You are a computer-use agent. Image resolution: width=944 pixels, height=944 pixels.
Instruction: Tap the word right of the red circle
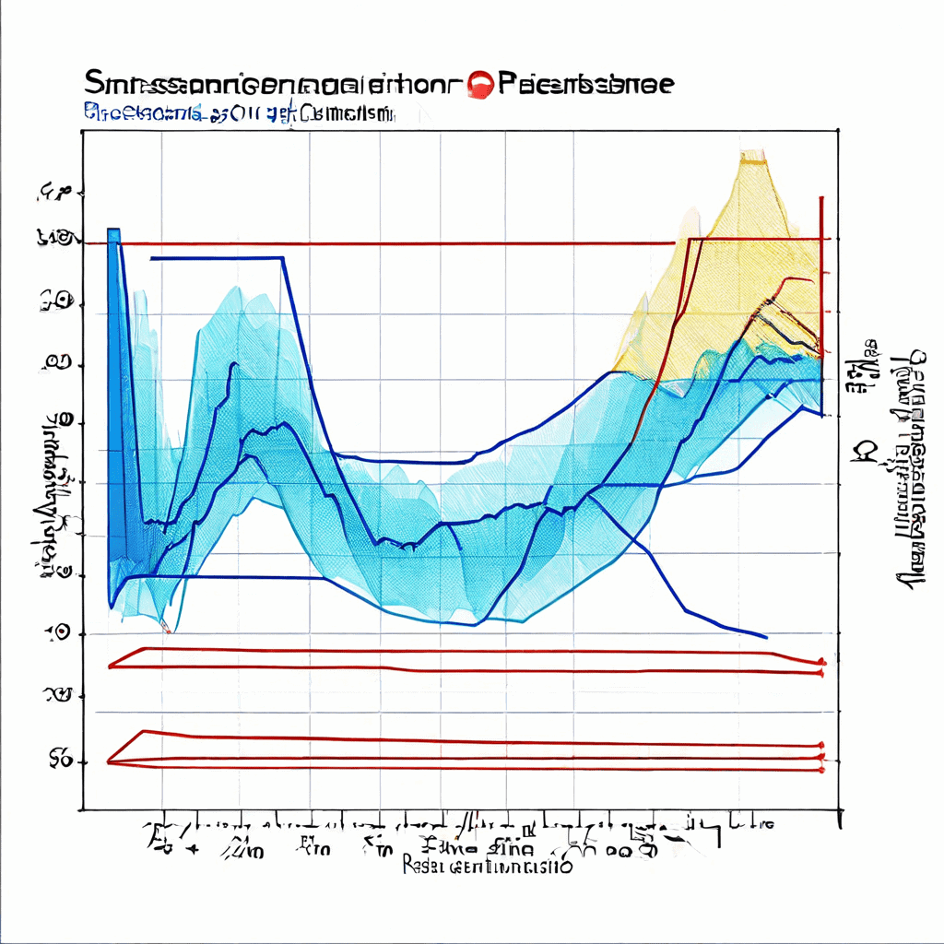point(586,84)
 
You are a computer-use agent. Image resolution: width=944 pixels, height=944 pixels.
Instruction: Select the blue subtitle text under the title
point(240,114)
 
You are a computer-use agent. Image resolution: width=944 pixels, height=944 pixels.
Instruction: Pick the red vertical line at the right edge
point(820,267)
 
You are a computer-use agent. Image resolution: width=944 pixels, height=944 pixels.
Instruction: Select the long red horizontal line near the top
point(396,243)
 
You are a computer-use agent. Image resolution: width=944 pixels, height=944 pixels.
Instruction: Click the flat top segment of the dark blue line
point(217,258)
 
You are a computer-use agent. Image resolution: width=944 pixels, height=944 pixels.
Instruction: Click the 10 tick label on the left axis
point(58,632)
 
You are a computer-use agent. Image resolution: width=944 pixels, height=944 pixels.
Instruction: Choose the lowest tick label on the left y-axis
point(61,760)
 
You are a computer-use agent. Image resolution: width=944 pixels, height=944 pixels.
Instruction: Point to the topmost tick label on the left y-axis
point(55,193)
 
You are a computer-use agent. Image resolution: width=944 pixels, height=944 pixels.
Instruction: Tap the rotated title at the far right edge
point(913,470)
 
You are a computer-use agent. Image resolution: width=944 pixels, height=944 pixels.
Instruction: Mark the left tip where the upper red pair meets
point(110,666)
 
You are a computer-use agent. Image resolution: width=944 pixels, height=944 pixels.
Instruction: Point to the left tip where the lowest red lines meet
point(109,761)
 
